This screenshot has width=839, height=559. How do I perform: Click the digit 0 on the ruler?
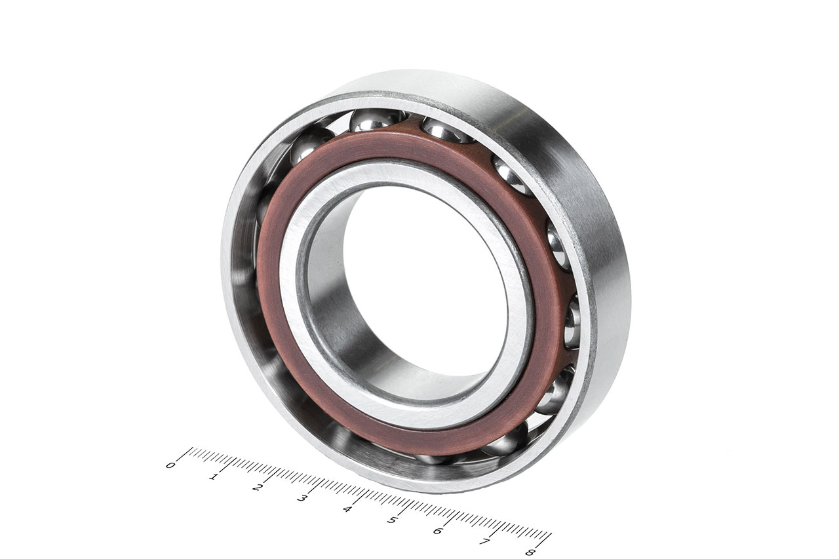tap(170, 465)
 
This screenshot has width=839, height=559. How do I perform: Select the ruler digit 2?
tap(257, 488)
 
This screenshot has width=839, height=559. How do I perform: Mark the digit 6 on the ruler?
tap(437, 531)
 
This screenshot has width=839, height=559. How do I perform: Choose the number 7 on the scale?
tap(484, 541)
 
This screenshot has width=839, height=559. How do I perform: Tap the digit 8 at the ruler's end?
tap(530, 552)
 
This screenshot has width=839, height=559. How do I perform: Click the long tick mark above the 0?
tap(185, 454)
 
